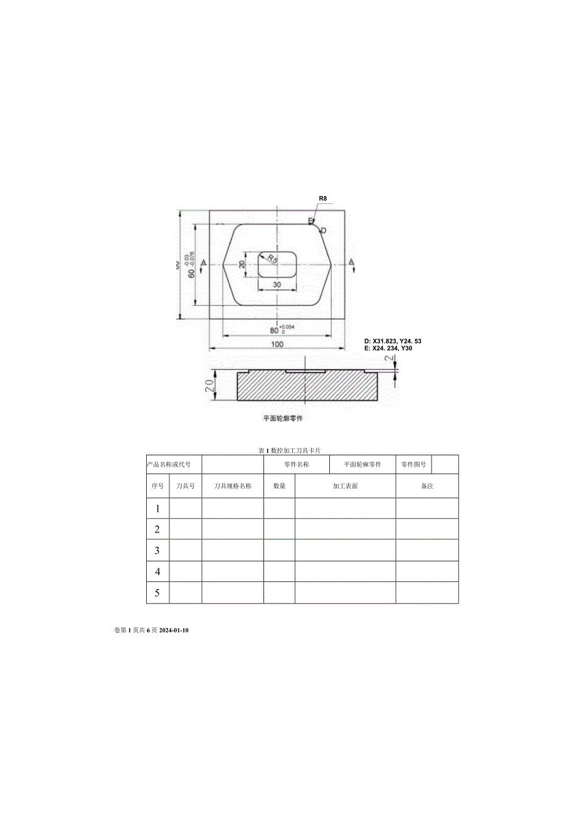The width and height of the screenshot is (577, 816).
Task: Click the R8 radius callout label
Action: pos(323,199)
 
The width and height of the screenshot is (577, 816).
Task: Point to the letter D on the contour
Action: pos(324,231)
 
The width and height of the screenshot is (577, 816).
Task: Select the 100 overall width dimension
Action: pos(277,344)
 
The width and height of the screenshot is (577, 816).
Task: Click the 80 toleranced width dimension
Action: pos(274,330)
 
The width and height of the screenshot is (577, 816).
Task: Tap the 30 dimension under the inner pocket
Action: pos(277,284)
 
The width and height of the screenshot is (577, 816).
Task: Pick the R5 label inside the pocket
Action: pos(272,258)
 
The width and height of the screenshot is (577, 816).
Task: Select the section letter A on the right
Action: pos(351,262)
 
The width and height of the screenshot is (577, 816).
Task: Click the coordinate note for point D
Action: pos(393,341)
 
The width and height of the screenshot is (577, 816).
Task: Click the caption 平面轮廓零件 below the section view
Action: pos(283,418)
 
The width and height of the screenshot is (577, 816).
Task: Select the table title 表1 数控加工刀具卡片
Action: pos(290,451)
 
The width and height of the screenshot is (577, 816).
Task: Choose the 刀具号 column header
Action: pos(186,486)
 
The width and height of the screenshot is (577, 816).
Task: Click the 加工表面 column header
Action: pos(345,486)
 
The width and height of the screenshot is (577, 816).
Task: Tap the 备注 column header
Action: pos(427,486)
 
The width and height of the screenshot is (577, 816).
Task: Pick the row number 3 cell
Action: pos(157,551)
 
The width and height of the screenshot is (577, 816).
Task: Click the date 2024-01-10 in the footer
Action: pos(170,630)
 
